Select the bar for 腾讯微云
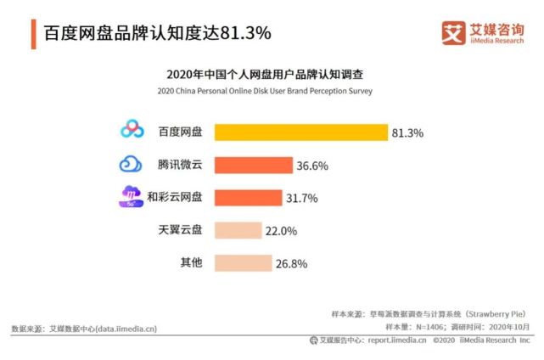pos(253,165)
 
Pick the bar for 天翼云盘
pos(238,230)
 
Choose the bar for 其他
pos(243,263)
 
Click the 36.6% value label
pos(312,166)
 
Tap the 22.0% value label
pos(281,231)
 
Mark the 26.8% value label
pos(291,264)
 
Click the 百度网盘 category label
pos(180,132)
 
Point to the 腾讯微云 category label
pos(180,164)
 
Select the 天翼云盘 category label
pos(180,230)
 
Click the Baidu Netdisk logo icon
pos(132,131)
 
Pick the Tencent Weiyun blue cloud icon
pos(132,164)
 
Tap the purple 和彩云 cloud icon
pos(132,197)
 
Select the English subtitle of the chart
pos(272,91)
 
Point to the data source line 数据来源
pos(83,329)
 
